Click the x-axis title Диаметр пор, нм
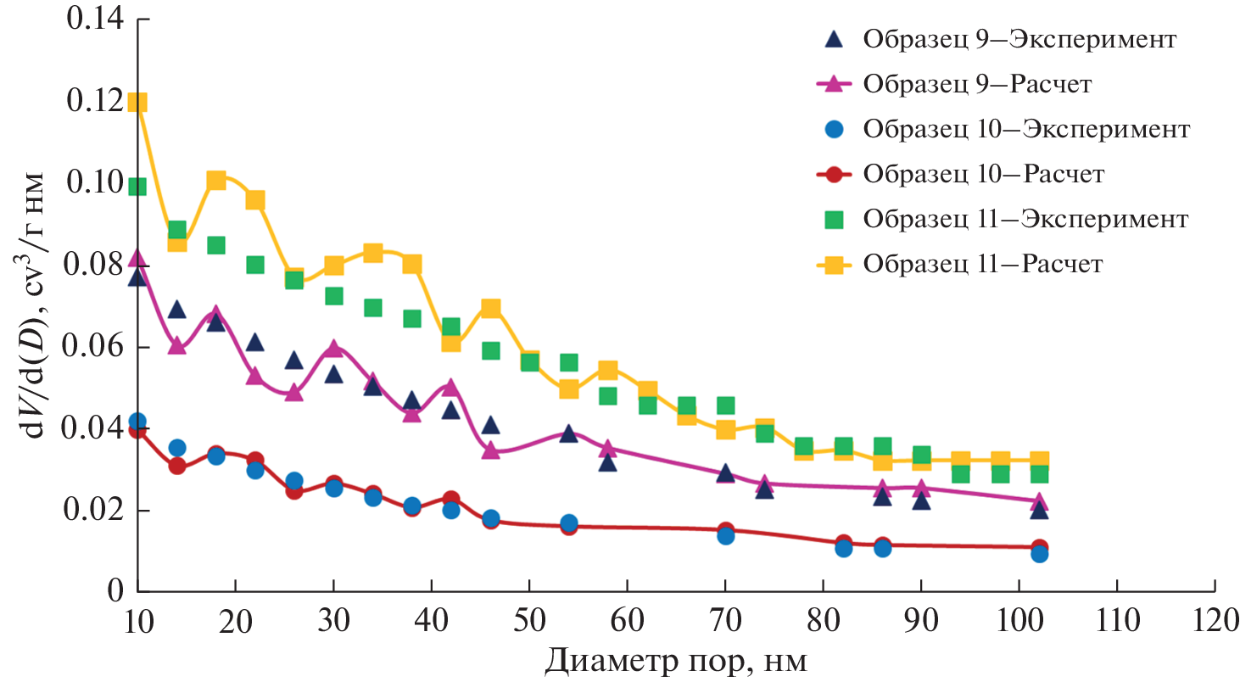[675, 661]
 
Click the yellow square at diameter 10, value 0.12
[137, 102]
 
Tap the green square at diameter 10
[137, 187]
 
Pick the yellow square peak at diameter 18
[216, 180]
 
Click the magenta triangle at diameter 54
[568, 433]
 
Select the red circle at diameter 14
[176, 466]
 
